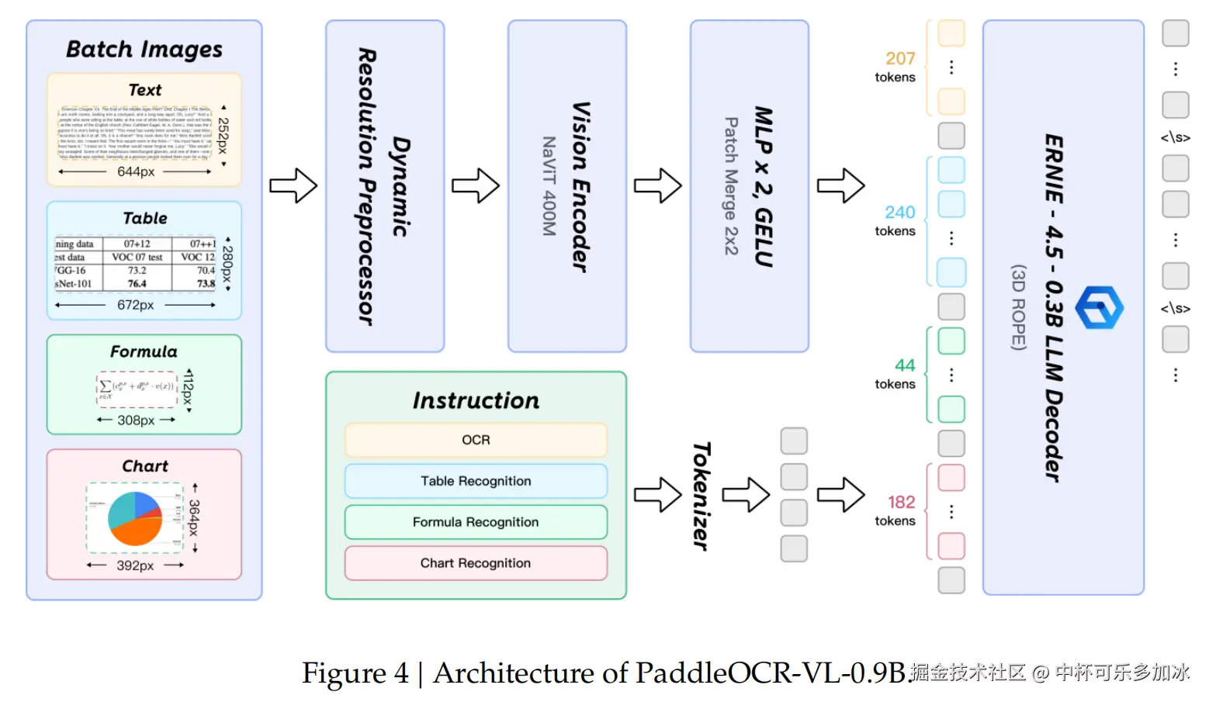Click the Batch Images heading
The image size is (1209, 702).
144,50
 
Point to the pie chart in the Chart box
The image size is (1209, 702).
135,518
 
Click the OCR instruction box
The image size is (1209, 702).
476,440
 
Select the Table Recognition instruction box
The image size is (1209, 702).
476,481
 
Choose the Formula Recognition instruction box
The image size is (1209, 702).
476,522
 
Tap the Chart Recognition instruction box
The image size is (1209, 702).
476,563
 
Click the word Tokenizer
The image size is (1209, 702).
701,496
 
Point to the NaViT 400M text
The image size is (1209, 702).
549,186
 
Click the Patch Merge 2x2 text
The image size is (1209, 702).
731,186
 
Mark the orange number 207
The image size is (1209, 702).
900,59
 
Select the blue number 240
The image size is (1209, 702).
900,213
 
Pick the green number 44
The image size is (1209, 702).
905,365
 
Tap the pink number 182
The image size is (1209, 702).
902,503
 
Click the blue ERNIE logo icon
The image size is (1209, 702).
1099,307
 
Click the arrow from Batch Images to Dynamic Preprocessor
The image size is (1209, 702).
293,186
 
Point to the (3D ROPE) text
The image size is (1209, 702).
1019,307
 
